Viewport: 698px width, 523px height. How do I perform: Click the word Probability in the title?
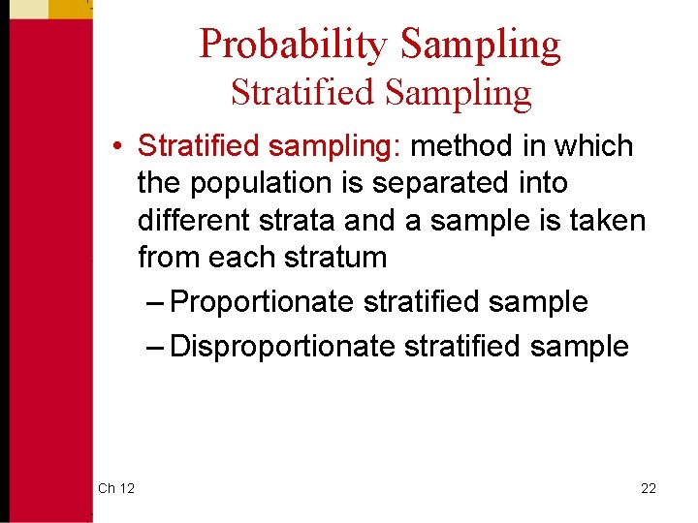click(294, 45)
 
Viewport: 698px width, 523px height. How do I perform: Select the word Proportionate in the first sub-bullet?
click(262, 302)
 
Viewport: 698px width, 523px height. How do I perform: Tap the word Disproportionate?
click(282, 346)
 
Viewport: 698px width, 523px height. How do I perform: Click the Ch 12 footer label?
click(116, 488)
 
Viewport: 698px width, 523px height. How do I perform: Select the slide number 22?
click(649, 488)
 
